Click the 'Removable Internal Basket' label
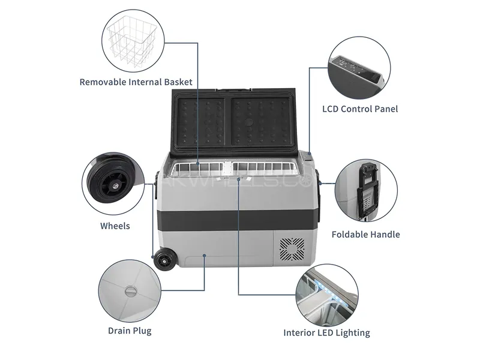(x=136, y=82)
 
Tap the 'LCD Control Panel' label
(x=360, y=109)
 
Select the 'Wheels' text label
(x=115, y=226)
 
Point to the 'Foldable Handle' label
(x=366, y=235)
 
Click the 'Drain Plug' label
(x=130, y=331)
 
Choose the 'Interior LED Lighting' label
(x=326, y=333)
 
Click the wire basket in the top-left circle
(x=132, y=41)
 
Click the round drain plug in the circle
(x=130, y=292)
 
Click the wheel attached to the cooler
(x=164, y=259)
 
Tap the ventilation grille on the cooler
(x=292, y=249)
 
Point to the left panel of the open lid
(x=200, y=122)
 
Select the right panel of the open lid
(x=260, y=122)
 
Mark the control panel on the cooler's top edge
(x=307, y=157)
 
